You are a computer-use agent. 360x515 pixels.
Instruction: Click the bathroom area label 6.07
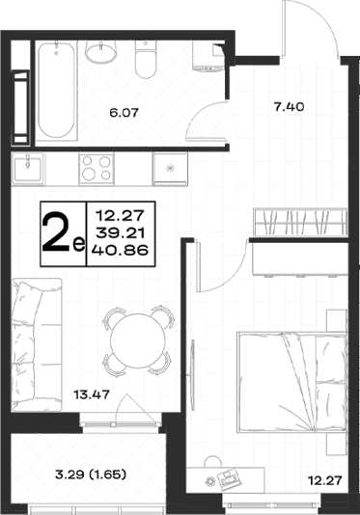(x=124, y=113)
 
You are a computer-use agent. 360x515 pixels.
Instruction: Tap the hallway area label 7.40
(x=289, y=107)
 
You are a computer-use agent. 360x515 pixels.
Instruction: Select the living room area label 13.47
(x=92, y=394)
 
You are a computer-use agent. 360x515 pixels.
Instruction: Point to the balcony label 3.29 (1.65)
(x=91, y=474)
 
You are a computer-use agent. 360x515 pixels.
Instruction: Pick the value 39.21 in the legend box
(x=120, y=233)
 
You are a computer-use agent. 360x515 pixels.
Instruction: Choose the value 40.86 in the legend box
(x=120, y=251)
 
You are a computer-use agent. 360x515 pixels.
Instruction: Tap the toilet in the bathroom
(x=146, y=59)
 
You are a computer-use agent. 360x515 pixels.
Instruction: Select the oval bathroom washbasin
(x=101, y=51)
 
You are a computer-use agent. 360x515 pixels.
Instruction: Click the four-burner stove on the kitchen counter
(x=97, y=170)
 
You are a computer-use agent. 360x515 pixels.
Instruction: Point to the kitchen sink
(x=28, y=169)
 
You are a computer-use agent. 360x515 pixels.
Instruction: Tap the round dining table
(x=136, y=339)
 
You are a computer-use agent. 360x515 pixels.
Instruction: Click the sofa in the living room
(x=37, y=345)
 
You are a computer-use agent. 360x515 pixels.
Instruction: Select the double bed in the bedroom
(x=291, y=382)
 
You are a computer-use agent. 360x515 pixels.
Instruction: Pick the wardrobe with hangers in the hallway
(x=300, y=222)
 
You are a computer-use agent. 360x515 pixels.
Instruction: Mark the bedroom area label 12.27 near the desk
(x=325, y=481)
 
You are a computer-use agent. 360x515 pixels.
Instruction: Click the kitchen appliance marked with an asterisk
(x=170, y=169)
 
